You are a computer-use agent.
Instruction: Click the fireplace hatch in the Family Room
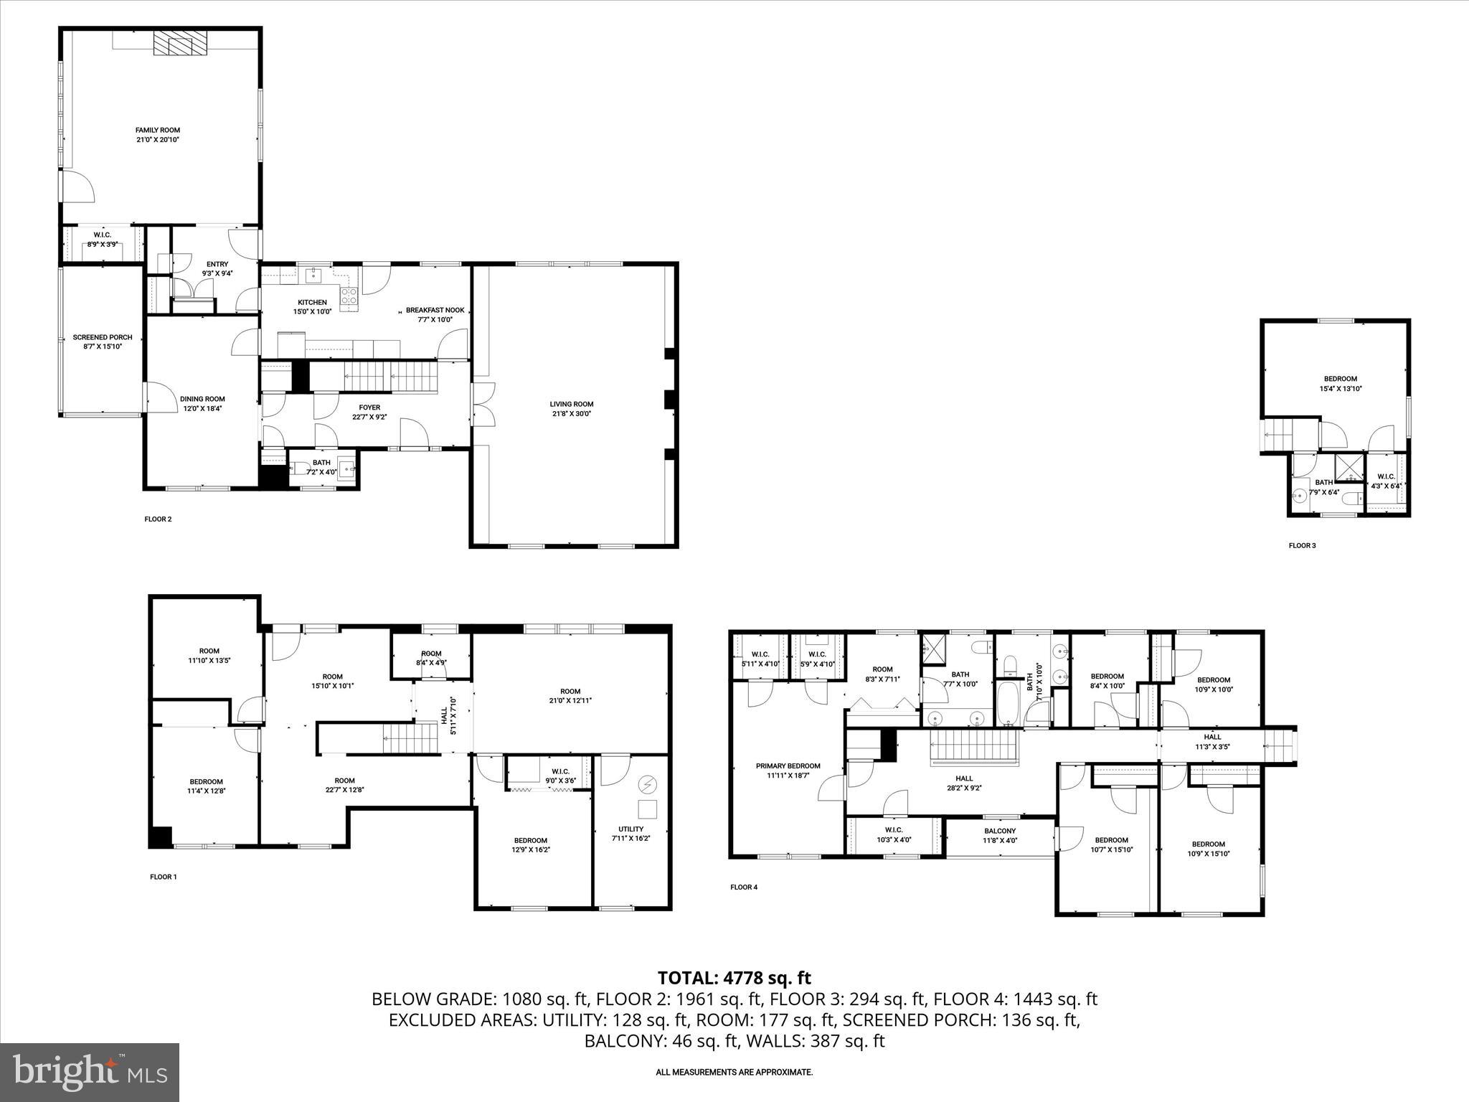[180, 42]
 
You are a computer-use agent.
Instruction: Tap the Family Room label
[157, 130]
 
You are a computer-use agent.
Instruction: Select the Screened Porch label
[102, 337]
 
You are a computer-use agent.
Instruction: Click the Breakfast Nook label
[435, 310]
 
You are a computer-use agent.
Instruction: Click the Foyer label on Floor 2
[369, 408]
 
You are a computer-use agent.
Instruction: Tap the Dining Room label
[202, 399]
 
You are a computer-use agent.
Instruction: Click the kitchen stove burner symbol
[349, 296]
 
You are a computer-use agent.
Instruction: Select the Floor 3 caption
[1302, 545]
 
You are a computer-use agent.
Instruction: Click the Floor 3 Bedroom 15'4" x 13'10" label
[1340, 379]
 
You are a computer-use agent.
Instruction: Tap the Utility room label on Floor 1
[630, 829]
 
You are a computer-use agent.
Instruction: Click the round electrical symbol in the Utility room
[648, 785]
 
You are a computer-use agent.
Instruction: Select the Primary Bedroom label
[788, 766]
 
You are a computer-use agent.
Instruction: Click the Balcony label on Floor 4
[999, 831]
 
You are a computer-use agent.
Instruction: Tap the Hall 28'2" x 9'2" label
[964, 778]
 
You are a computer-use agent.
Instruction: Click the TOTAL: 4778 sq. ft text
[734, 978]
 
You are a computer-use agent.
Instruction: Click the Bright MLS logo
[90, 1072]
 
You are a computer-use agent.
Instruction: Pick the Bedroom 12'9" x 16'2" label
[530, 840]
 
